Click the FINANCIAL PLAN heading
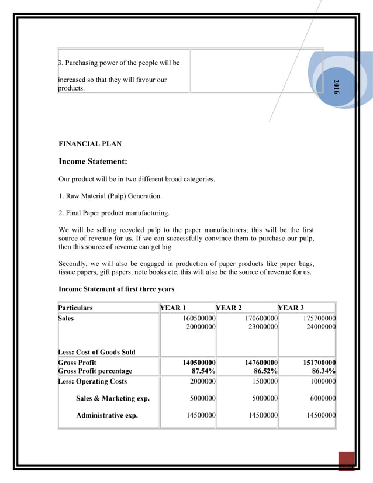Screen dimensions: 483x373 pyautogui.click(x=90, y=144)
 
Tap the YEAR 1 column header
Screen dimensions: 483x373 pyautogui.click(x=174, y=308)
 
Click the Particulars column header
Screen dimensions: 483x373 pyautogui.click(x=75, y=308)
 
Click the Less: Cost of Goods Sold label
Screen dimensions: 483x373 pyautogui.click(x=96, y=352)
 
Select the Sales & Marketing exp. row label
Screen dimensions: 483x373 pyautogui.click(x=112, y=399)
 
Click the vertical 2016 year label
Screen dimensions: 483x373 pyautogui.click(x=336, y=86)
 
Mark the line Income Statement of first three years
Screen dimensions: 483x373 pyautogui.click(x=116, y=289)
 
